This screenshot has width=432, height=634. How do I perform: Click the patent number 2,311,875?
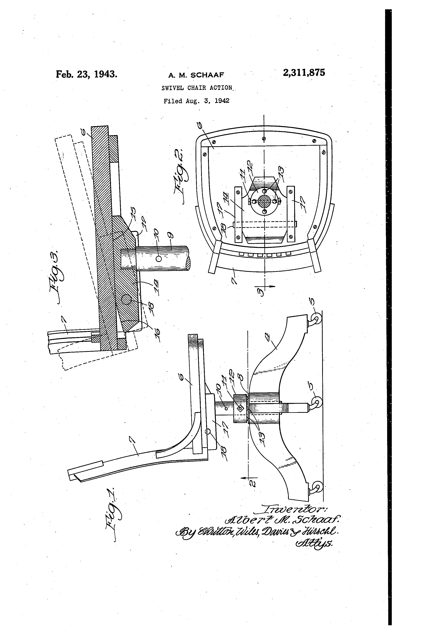(304, 73)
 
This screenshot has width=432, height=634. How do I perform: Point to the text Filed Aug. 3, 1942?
(196, 101)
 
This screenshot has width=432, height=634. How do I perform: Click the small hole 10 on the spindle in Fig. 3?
(158, 259)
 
